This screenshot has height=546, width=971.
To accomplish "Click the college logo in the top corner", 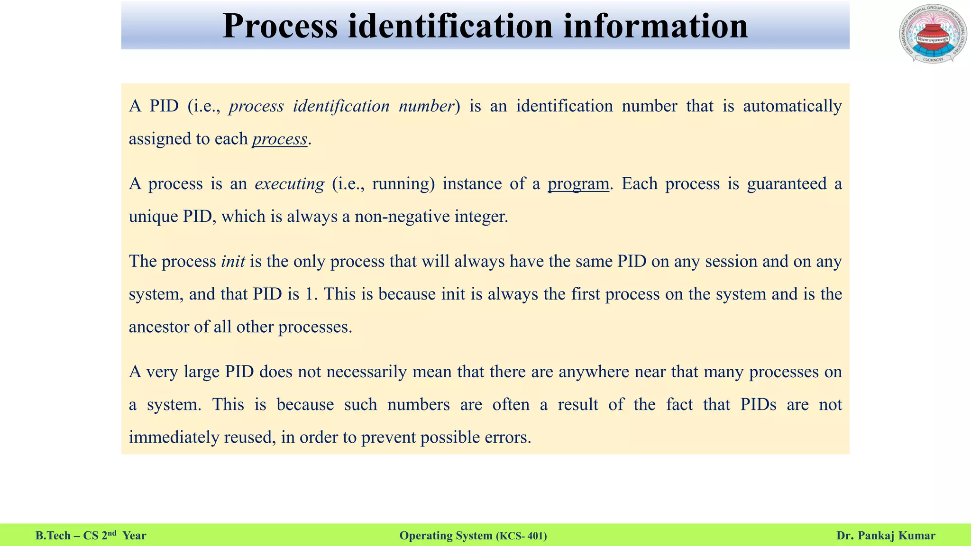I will tap(932, 34).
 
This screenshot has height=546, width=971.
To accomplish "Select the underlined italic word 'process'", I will tap(280, 139).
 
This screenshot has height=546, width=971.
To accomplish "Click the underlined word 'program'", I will tap(578, 184).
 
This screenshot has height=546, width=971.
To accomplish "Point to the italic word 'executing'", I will tap(289, 184).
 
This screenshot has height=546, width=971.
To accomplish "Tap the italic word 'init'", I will tap(233, 262).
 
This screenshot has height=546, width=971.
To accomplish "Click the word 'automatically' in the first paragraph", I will tap(792, 106).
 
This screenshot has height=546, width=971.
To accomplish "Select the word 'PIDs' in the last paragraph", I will tap(758, 405).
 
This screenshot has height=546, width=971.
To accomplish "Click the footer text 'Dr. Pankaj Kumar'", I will tap(886, 536).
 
